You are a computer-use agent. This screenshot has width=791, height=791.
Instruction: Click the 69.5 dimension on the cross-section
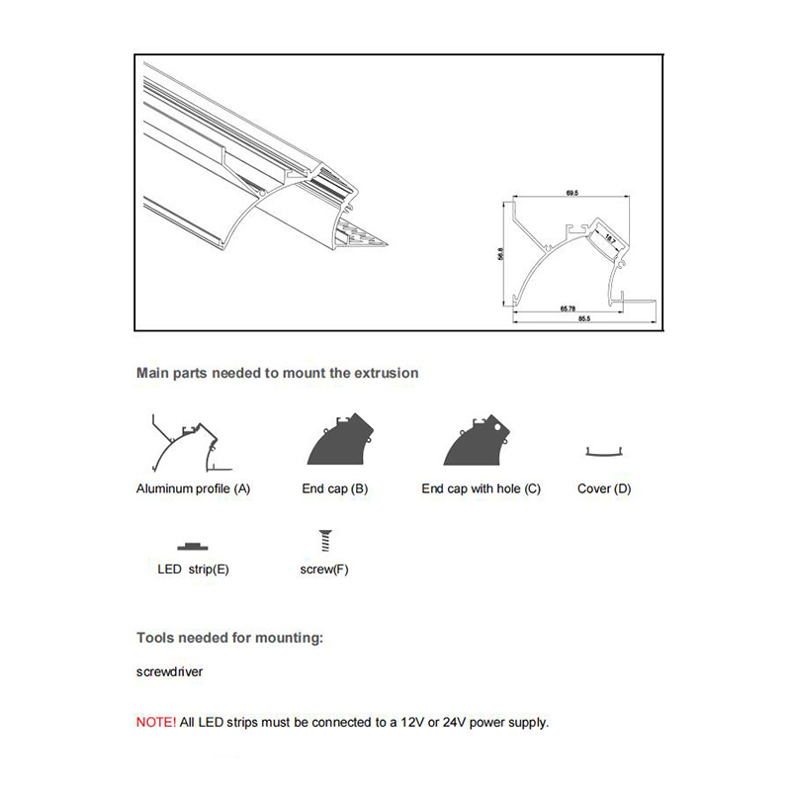click(x=571, y=194)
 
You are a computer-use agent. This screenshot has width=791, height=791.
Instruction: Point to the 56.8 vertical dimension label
click(x=501, y=253)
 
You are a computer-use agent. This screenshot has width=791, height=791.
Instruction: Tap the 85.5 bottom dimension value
click(x=584, y=318)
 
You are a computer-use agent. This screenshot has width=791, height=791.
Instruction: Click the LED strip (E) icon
click(x=193, y=546)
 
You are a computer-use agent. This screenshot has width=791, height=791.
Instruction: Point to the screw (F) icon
click(x=323, y=540)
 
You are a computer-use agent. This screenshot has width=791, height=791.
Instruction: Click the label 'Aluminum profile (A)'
click(x=193, y=488)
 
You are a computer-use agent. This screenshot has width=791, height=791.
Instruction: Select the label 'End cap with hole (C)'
click(x=481, y=488)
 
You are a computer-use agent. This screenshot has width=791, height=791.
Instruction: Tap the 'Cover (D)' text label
click(x=603, y=488)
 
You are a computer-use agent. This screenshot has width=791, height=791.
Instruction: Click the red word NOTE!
click(x=155, y=723)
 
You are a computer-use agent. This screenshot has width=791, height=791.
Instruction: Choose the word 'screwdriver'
click(x=169, y=672)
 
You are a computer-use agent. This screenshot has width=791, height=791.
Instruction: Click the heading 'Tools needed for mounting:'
click(x=229, y=638)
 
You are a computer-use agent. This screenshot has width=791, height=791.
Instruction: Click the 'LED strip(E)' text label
click(x=193, y=570)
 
